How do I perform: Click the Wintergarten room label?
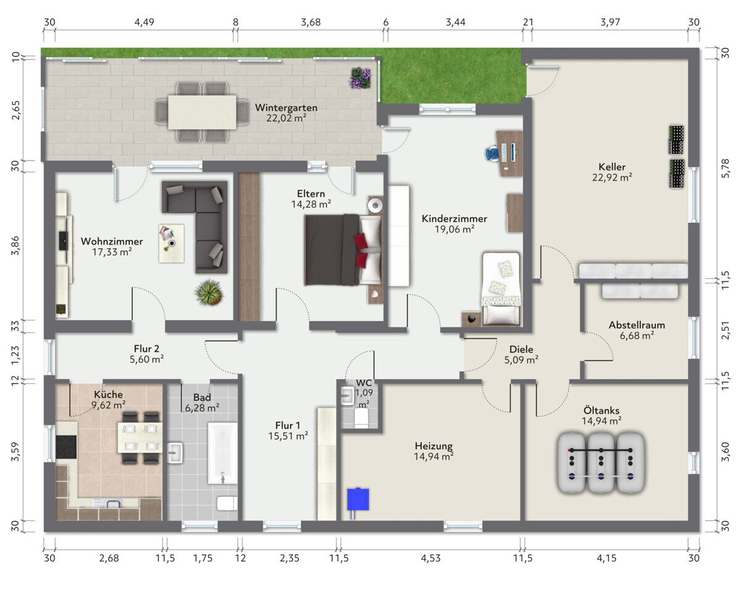click(286, 107)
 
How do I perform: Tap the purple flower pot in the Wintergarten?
click(360, 78)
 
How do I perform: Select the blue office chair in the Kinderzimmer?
click(492, 153)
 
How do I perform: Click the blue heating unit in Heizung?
click(358, 499)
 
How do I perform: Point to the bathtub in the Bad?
click(223, 453)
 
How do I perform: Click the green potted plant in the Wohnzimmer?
click(208, 293)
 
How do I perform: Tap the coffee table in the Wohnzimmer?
click(171, 243)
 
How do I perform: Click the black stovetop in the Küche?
click(66, 447)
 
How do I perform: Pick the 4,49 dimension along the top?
click(144, 22)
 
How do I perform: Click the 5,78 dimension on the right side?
click(725, 168)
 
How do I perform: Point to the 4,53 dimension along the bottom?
click(430, 558)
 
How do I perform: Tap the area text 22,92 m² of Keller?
click(612, 178)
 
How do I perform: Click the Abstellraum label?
click(637, 325)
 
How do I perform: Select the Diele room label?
click(521, 349)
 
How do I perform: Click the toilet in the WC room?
click(361, 419)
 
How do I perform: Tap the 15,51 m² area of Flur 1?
click(288, 436)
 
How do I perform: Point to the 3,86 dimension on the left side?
click(15, 246)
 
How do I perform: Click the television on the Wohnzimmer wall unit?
click(64, 241)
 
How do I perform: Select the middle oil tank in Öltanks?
click(601, 462)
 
